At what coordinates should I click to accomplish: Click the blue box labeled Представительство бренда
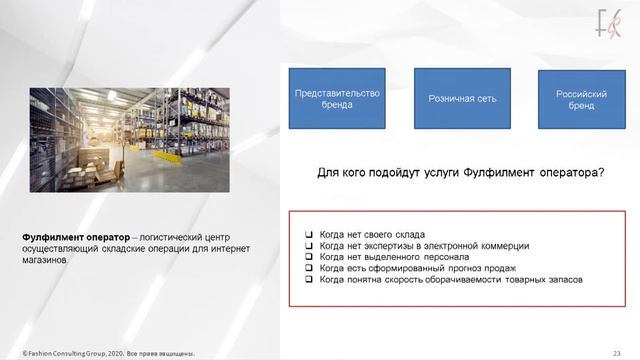[337, 98]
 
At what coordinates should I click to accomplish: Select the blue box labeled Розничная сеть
[462, 98]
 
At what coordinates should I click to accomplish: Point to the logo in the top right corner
[609, 21]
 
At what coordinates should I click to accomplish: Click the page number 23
[617, 353]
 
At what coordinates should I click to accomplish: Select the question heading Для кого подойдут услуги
[460, 173]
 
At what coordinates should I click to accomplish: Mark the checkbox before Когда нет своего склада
[309, 234]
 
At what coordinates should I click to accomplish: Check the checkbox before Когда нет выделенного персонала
[309, 257]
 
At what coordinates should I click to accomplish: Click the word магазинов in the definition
[46, 259]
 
